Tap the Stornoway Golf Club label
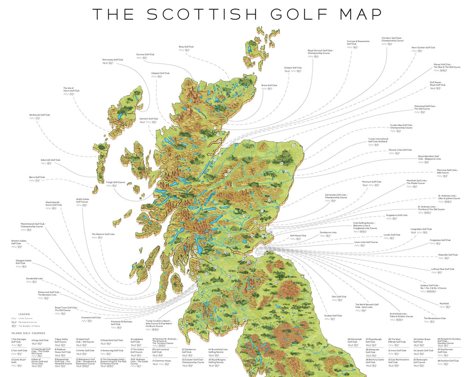pos(113,59)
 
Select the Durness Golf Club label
pos(145,54)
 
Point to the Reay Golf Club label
pos(186,46)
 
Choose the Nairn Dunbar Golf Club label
pos(423,47)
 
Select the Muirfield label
pos(444,303)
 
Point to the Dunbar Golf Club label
pos(333,316)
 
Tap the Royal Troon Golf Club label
pos(66,308)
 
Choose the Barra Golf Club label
pos(37,177)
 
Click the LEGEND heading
pos(24,314)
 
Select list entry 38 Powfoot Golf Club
pos(448,361)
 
